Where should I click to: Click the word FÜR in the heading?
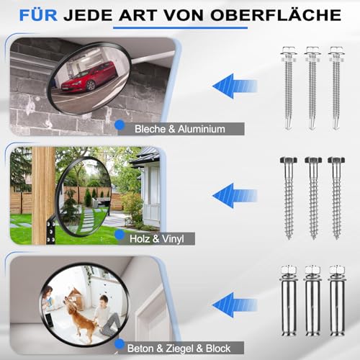click(42, 14)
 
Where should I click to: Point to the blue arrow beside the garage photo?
click(235, 86)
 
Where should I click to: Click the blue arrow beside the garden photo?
click(235, 194)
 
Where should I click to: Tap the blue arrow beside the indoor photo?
click(235, 302)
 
